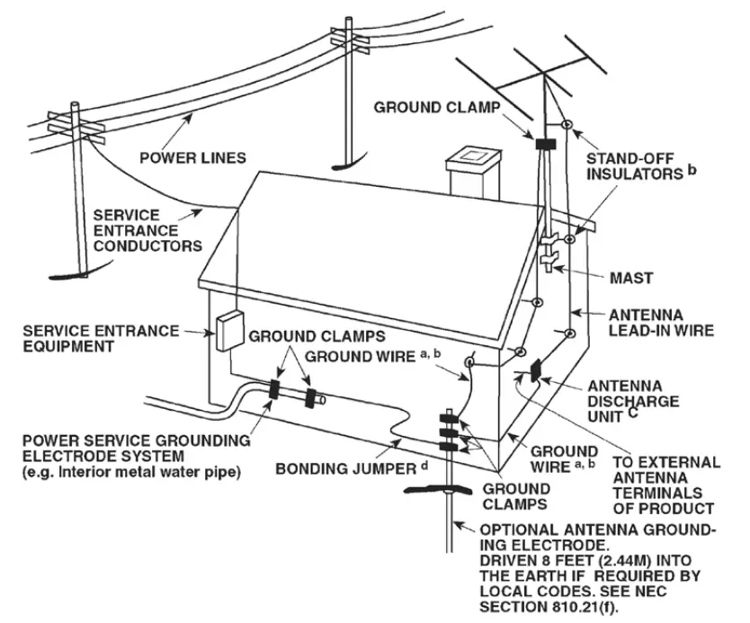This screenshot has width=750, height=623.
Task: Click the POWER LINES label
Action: click(x=192, y=158)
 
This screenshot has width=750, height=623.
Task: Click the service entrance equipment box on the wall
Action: click(x=229, y=330)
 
